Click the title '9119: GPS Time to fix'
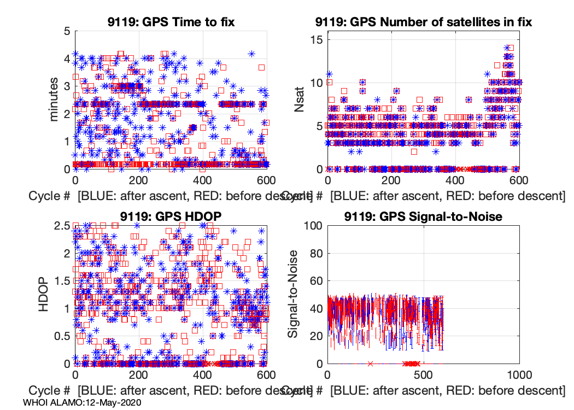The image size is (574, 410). coord(171,22)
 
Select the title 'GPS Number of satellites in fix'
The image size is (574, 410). coord(424,22)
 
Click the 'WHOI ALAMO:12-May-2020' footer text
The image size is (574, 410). coord(83,402)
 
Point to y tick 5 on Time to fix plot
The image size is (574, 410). coord(67,31)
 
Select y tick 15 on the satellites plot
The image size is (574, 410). coord(315,40)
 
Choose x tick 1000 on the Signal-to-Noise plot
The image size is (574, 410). coord(519,375)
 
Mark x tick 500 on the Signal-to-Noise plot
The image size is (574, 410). coord(423,375)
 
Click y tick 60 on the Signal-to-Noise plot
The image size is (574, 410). coord(315,281)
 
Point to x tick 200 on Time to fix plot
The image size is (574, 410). coord(139,180)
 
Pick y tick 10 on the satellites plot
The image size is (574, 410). coord(315,83)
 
